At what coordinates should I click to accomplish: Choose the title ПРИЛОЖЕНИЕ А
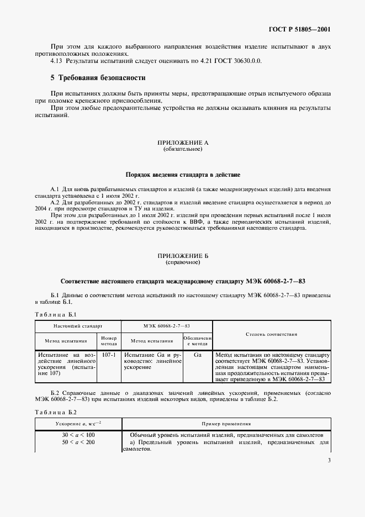(182, 143)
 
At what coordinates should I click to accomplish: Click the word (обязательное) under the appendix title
(182, 149)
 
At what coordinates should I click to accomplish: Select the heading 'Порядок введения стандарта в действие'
(182, 175)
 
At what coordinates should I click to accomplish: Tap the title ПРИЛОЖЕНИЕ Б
(182, 256)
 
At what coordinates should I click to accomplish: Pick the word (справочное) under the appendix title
(182, 262)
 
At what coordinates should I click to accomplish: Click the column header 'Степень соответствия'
(271, 334)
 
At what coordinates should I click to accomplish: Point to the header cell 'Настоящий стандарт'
(77, 327)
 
